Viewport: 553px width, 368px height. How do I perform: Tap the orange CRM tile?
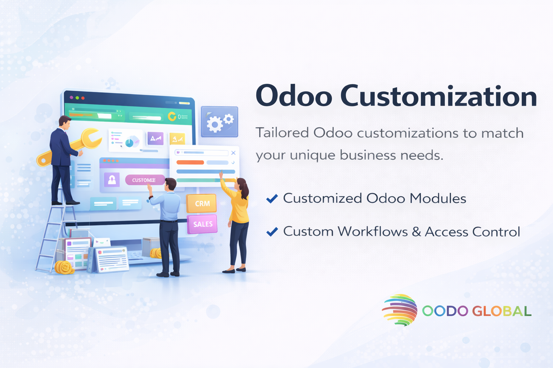point(202,203)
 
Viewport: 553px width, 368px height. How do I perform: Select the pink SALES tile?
point(202,224)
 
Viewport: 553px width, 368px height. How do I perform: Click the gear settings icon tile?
point(220,122)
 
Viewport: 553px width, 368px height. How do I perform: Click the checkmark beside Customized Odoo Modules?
point(272,199)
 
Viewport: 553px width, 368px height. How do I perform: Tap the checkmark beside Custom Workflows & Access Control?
point(272,232)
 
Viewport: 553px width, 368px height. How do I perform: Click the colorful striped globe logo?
point(400,310)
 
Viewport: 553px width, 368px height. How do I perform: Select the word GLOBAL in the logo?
point(502,311)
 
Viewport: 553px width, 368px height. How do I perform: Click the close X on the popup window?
point(233,153)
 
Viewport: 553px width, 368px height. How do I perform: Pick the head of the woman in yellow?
point(242,185)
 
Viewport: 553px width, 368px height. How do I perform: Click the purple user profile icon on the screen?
point(112,180)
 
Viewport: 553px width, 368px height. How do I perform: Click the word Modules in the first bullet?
point(438,198)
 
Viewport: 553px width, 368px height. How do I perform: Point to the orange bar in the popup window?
point(190,162)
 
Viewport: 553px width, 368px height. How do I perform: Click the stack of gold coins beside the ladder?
point(64,268)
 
